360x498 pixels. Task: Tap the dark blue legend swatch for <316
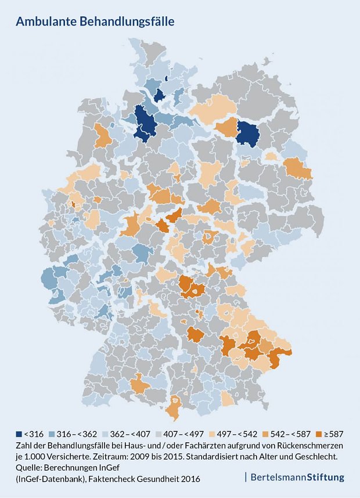coord(19,434)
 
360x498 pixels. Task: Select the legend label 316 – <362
coord(78,434)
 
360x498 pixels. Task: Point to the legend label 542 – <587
coord(282,434)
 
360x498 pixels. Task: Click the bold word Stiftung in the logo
coord(325,478)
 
